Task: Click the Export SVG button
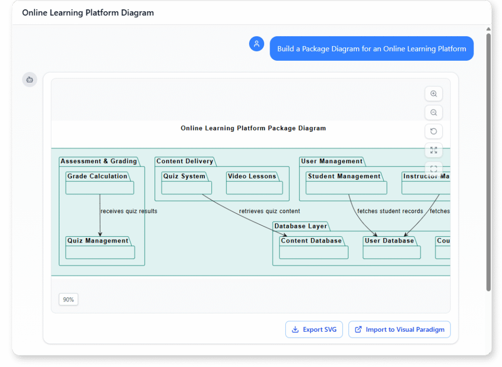pos(314,329)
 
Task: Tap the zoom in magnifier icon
pos(433,94)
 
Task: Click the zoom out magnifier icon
pos(433,112)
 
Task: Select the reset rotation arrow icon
pos(433,131)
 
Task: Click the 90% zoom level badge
pos(69,299)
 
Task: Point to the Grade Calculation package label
pos(98,176)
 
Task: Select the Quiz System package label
pos(184,176)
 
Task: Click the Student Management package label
pos(344,176)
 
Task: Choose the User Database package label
pos(389,241)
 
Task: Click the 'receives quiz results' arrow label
pos(129,211)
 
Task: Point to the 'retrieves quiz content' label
pos(270,211)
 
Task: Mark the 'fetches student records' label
pos(390,211)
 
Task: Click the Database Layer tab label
pos(301,226)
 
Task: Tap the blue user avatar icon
pos(256,44)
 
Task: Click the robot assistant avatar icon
pos(29,79)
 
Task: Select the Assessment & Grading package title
pos(99,161)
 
